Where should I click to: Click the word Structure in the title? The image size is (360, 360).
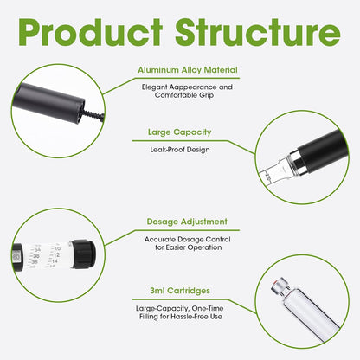tap(258, 32)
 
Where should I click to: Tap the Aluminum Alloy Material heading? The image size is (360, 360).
tap(188, 70)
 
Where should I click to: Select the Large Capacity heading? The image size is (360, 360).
tap(180, 132)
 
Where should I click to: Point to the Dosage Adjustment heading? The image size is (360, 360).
tap(187, 222)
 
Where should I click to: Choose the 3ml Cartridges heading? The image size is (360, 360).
tap(180, 291)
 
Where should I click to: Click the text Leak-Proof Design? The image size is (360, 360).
tap(180, 150)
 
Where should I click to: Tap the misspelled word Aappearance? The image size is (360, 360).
tap(193, 87)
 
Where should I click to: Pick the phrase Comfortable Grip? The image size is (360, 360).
tap(184, 95)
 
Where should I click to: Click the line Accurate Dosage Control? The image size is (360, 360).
tap(187, 240)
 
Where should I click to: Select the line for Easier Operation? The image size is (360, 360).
tap(188, 247)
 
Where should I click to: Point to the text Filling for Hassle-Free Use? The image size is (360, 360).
tap(181, 317)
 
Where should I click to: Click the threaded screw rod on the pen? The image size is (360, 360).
tap(93, 115)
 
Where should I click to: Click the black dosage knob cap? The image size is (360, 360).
tap(83, 254)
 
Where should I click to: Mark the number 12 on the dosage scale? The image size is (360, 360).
tap(56, 255)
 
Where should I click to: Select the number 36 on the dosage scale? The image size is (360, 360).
tap(36, 256)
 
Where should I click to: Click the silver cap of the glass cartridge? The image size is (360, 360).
tap(280, 286)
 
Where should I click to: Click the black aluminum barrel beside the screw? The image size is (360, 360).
tap(48, 102)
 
